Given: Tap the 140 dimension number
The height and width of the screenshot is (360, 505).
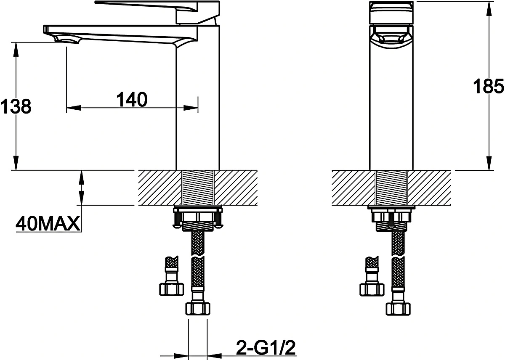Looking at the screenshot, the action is [x=132, y=99].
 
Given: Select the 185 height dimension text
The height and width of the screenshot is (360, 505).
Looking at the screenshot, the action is [x=488, y=86].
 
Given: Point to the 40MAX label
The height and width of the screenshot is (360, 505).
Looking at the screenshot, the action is [x=48, y=223].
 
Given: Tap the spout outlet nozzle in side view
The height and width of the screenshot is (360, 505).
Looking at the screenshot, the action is [x=67, y=40].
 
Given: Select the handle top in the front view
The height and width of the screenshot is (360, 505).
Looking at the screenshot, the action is [x=391, y=12].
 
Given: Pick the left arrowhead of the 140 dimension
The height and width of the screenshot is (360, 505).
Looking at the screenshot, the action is [x=74, y=108].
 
